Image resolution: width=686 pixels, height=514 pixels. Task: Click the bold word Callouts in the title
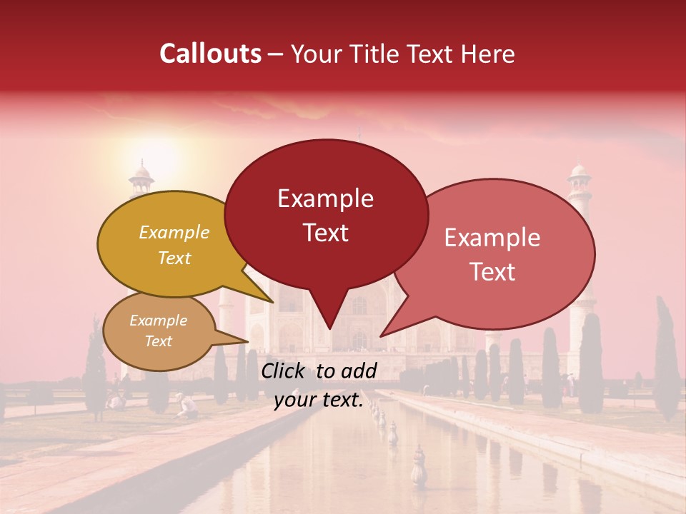point(210,54)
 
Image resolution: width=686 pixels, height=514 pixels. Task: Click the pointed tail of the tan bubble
point(247,342)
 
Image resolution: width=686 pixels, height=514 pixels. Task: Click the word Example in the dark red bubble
point(325,198)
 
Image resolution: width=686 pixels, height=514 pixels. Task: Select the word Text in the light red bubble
point(492,272)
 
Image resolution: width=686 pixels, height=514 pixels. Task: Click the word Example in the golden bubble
point(174,233)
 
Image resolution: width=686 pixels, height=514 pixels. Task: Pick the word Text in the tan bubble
point(158,341)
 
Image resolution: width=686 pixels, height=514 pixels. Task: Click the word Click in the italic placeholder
point(284,371)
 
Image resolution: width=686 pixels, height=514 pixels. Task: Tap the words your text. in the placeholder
point(319,400)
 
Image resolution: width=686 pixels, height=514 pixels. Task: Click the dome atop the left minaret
point(141,171)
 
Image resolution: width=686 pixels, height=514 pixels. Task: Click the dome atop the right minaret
point(580,172)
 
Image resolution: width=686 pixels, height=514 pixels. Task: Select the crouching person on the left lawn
point(188,405)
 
